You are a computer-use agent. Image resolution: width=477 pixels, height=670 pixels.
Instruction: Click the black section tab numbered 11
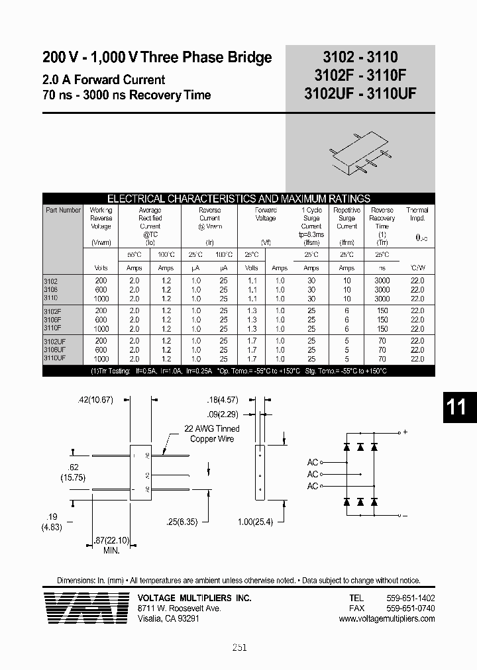(456, 407)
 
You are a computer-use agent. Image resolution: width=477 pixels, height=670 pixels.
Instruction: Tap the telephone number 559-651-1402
(410, 597)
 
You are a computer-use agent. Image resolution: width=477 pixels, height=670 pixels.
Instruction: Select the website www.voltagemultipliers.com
(386, 618)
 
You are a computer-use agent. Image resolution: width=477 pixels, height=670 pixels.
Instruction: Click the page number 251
(239, 647)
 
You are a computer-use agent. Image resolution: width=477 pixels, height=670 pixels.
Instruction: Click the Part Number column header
(63, 211)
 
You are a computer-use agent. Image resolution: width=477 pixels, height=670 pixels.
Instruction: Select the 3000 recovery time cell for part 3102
(382, 281)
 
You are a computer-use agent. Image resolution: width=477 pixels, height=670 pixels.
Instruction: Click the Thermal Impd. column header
(417, 214)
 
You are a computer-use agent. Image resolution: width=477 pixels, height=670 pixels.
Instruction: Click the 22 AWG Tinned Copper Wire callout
(213, 434)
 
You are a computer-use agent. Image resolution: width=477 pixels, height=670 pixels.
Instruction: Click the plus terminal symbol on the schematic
(404, 432)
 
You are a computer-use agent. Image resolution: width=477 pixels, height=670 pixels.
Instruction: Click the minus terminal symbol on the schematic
(404, 514)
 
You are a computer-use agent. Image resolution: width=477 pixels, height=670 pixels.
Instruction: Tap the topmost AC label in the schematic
(313, 462)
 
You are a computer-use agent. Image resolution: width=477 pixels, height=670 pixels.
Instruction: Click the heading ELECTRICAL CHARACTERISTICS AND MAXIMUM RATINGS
(238, 199)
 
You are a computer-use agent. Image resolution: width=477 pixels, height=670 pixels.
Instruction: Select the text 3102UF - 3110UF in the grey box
(360, 93)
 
